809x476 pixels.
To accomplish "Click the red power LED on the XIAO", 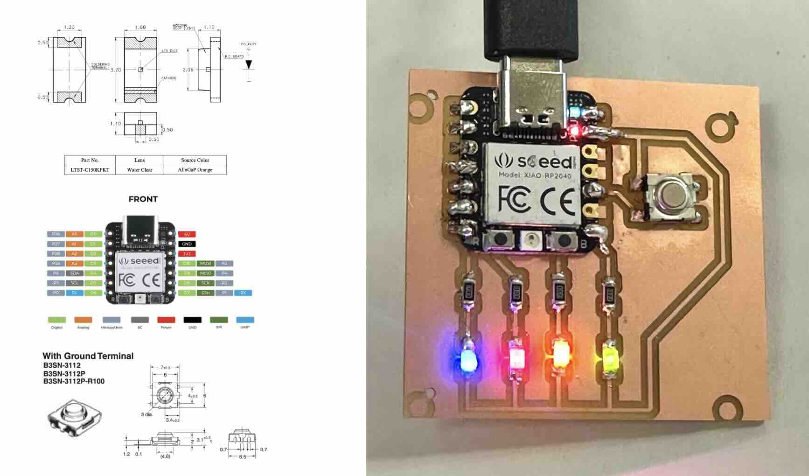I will coord(575,130).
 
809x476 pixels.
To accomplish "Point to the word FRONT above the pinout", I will coord(143,199).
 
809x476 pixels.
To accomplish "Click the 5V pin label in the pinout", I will coord(187,234).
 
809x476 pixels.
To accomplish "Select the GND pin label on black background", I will coord(187,244).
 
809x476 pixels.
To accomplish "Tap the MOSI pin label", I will coord(205,264).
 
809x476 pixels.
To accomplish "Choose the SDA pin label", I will coord(75,273).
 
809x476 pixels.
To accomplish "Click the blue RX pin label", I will coord(243,293).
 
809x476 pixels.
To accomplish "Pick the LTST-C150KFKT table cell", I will coord(90,170).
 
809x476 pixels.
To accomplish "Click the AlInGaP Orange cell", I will coord(195,170).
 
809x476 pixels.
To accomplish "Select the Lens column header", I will coord(139,160).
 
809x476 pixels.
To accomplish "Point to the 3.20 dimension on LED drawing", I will coord(115,70).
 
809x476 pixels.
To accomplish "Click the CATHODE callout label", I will coord(169,78).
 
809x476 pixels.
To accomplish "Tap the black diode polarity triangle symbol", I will coord(249,64).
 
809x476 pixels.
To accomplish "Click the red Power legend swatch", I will coord(166,320).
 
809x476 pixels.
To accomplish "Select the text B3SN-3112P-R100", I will coord(74,381).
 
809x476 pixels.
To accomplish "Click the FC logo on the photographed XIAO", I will coord(515,199).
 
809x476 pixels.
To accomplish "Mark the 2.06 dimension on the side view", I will coord(188,70).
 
